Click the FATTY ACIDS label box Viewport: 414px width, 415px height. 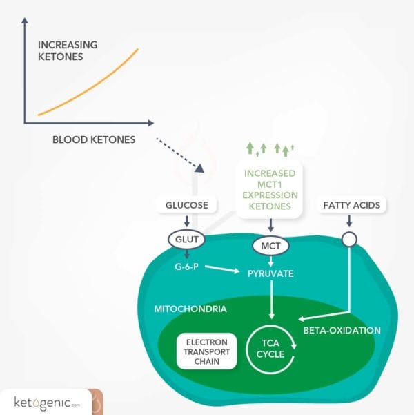click(x=351, y=205)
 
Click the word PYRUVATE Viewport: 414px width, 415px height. click(x=270, y=273)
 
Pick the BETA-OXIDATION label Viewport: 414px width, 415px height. click(x=342, y=330)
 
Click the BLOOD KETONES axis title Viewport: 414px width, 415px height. click(x=94, y=139)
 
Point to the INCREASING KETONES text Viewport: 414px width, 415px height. click(x=68, y=50)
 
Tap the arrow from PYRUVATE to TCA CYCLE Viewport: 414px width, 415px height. click(x=270, y=300)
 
